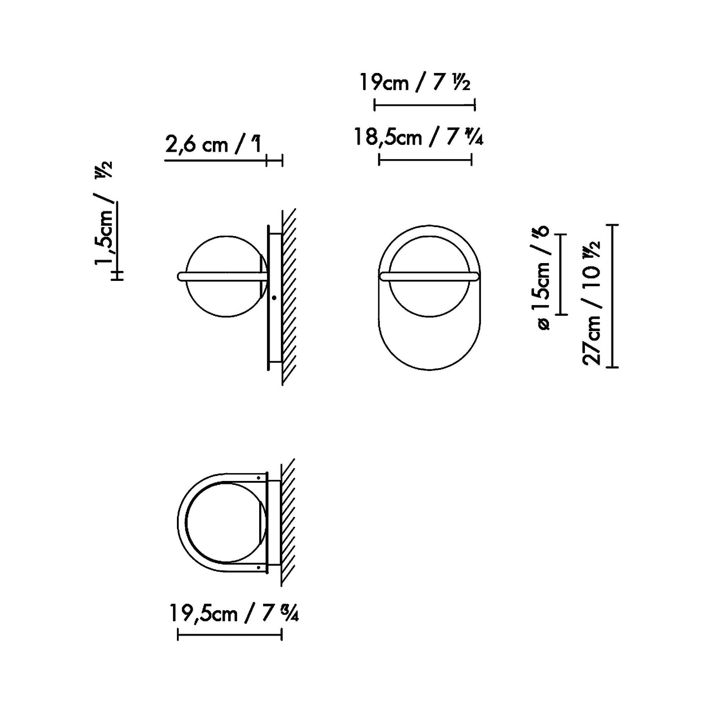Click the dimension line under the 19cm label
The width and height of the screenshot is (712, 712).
click(424, 104)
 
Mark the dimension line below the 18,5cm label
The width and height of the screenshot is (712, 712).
click(425, 159)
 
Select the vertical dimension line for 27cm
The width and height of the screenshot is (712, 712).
click(612, 296)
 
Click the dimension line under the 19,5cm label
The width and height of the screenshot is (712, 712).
click(229, 636)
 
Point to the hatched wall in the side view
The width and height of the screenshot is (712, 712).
click(289, 296)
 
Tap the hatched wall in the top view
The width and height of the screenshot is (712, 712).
click(288, 522)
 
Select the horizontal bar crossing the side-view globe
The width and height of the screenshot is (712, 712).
click(222, 276)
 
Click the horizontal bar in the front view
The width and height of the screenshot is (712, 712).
click(429, 276)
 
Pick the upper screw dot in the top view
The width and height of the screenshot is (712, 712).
click(258, 477)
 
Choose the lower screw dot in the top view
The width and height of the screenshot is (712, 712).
click(258, 567)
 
